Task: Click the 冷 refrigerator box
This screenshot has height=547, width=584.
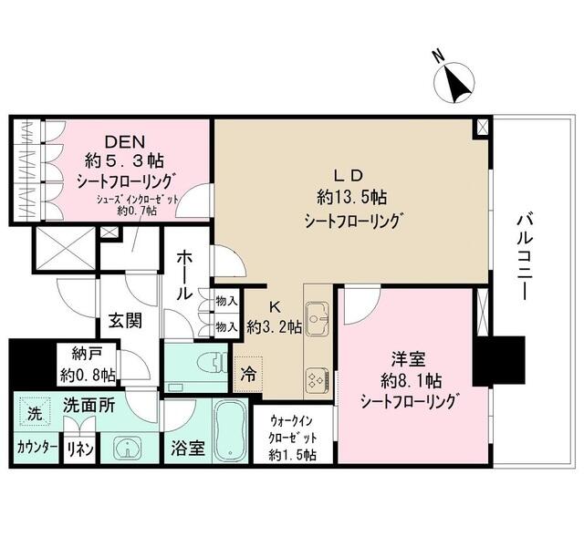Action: click(x=248, y=373)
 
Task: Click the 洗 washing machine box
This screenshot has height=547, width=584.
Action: click(x=33, y=413)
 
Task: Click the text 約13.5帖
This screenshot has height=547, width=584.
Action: click(x=349, y=196)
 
